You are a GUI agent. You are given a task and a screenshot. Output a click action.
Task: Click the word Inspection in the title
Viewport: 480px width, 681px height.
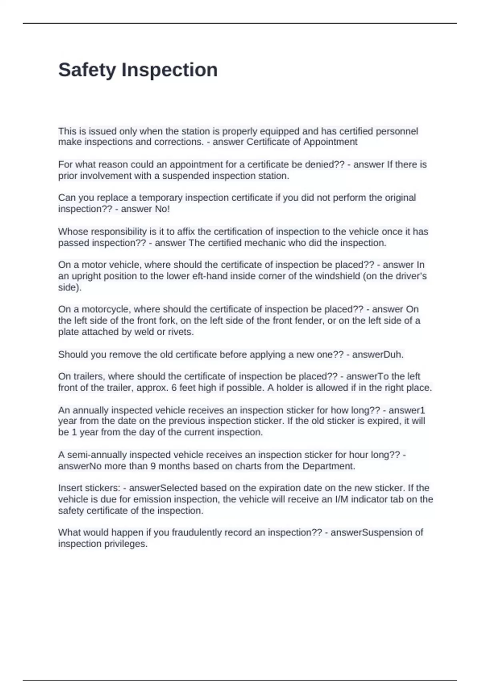click(170, 70)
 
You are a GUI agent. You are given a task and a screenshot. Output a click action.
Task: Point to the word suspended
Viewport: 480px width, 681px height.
click(186, 176)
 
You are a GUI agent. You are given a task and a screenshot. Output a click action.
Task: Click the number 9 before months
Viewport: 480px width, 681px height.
click(153, 466)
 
